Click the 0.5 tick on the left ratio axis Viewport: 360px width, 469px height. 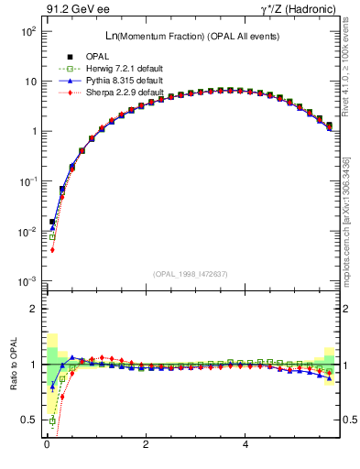(27, 420)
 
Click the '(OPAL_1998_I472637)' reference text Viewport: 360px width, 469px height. (189, 274)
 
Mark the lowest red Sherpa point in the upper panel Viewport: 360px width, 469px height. (52, 249)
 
